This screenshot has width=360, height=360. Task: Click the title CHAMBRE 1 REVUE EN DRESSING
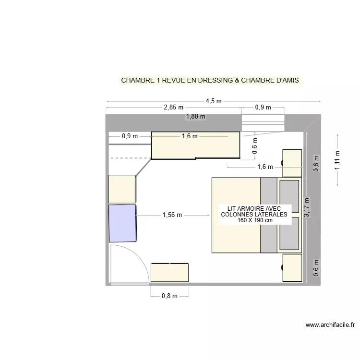click(x=210, y=80)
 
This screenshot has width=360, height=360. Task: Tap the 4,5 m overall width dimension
click(x=214, y=101)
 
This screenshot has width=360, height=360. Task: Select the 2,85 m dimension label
click(x=173, y=108)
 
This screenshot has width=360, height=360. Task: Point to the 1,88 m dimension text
click(x=195, y=116)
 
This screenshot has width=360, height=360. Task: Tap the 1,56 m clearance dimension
click(x=172, y=215)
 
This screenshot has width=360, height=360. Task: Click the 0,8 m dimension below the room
click(x=169, y=296)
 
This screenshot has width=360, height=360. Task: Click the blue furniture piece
click(x=122, y=223)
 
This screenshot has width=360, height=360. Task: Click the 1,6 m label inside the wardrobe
click(x=190, y=136)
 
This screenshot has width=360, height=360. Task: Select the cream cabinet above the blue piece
click(x=122, y=189)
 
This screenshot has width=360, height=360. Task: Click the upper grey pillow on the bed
click(x=289, y=196)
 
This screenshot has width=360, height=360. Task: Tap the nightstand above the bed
click(x=292, y=163)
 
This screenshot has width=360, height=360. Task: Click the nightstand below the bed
click(x=292, y=268)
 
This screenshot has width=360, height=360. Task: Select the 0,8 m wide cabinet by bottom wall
click(x=169, y=272)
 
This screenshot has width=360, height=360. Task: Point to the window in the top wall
click(x=263, y=123)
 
